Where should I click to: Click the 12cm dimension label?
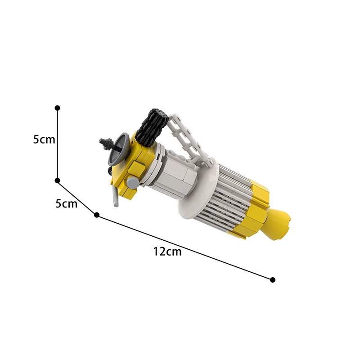click(x=167, y=252)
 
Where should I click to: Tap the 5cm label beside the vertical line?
click(x=44, y=139)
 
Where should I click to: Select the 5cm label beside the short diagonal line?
click(x=66, y=204)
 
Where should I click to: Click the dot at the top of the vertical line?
click(x=58, y=108)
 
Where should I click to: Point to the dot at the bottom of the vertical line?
click(x=58, y=180)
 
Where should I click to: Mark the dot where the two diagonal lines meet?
click(x=97, y=215)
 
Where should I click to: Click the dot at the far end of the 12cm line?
click(x=273, y=280)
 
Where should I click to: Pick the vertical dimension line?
click(x=58, y=144)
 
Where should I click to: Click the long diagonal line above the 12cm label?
click(x=184, y=247)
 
